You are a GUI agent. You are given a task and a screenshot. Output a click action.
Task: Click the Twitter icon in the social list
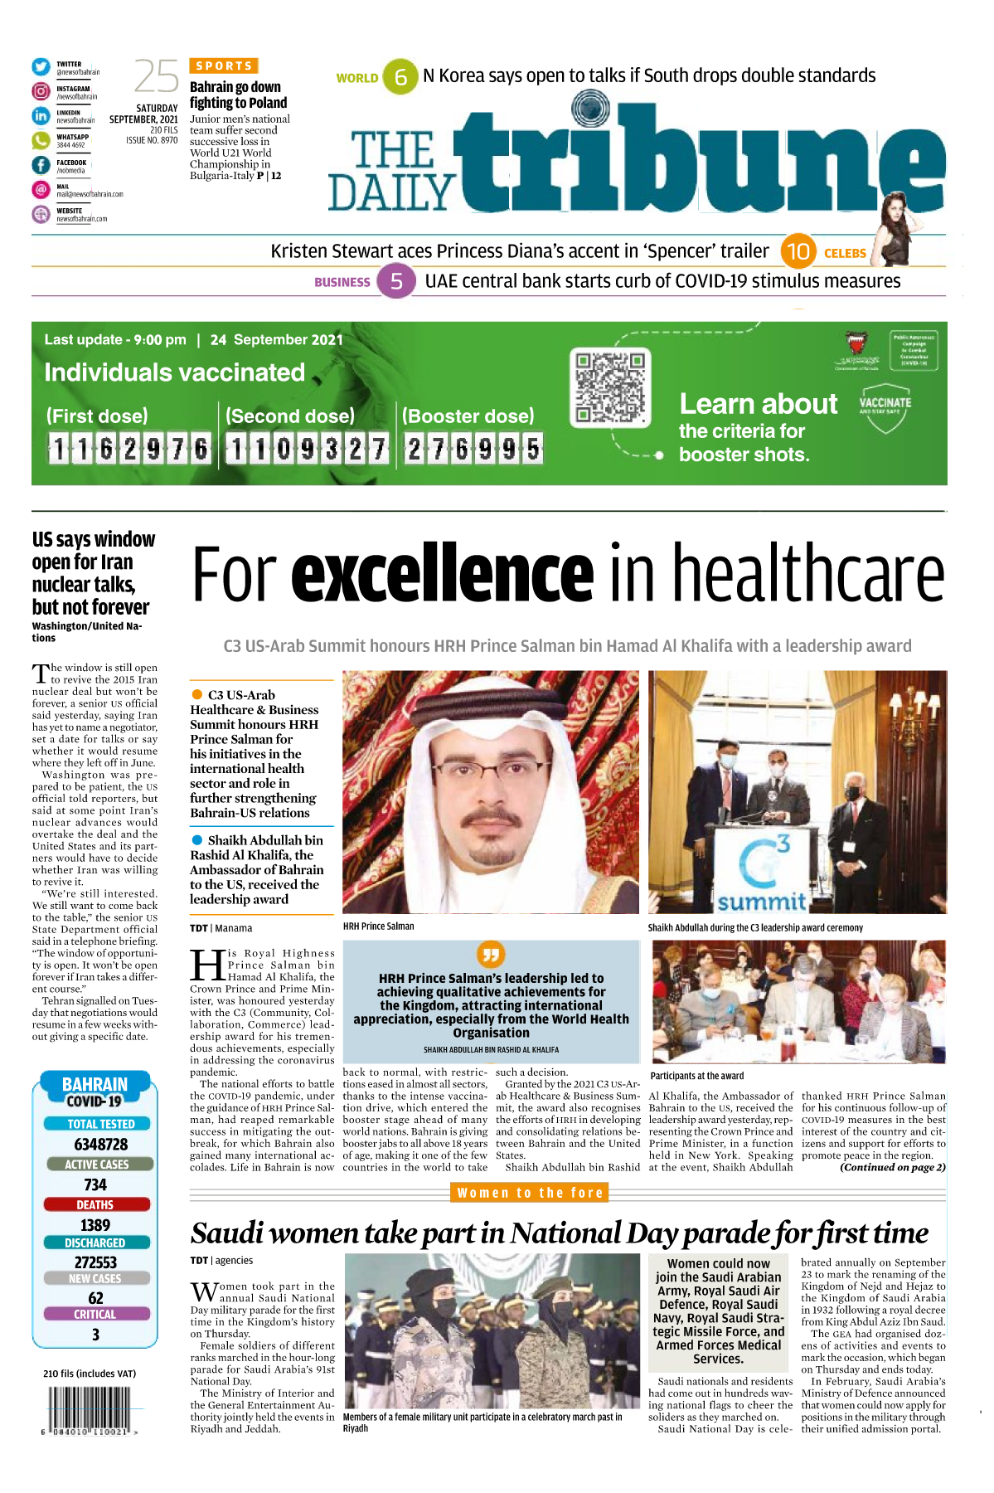click(41, 67)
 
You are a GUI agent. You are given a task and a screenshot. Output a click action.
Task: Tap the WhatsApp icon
click(41, 140)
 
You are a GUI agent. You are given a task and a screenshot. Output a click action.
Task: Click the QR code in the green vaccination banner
click(610, 387)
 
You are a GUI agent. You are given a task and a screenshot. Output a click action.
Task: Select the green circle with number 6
click(401, 77)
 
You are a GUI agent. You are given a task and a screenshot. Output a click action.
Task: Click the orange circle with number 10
click(798, 251)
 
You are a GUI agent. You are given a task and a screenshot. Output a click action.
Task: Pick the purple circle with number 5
click(396, 282)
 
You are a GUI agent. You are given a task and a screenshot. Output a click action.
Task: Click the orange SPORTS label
click(224, 66)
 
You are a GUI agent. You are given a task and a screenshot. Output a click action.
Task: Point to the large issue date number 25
click(156, 77)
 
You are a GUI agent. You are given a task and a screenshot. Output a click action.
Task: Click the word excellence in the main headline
click(442, 573)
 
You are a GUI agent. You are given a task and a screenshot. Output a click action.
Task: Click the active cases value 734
click(95, 1184)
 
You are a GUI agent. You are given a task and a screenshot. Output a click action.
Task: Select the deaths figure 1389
click(95, 1225)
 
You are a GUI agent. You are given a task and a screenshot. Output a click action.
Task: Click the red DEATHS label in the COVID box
click(95, 1204)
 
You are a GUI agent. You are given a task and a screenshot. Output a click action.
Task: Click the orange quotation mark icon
click(491, 954)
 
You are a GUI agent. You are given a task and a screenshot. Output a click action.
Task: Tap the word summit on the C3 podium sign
click(761, 902)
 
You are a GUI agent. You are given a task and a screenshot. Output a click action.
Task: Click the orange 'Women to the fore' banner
click(531, 1193)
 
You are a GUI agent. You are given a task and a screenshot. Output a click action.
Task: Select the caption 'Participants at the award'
click(696, 1076)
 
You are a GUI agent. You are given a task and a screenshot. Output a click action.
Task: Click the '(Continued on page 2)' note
click(893, 1167)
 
